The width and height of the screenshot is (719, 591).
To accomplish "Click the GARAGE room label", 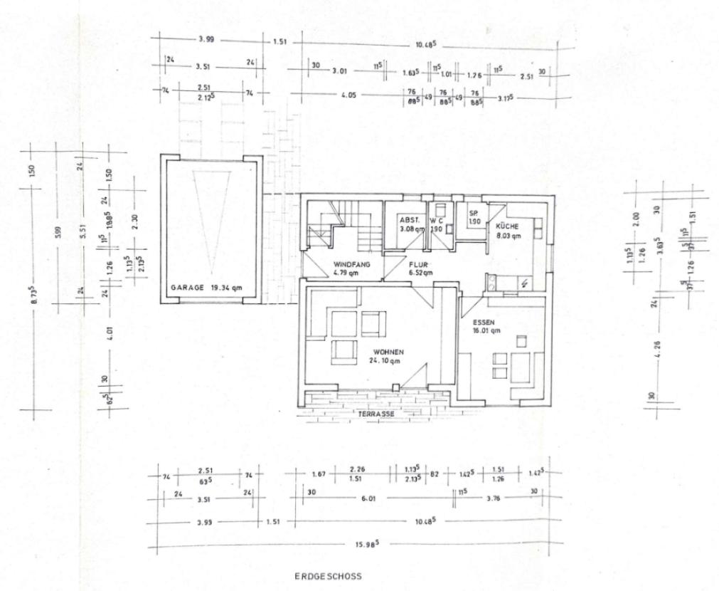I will point(187,288).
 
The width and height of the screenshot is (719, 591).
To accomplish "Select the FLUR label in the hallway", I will point(417,264).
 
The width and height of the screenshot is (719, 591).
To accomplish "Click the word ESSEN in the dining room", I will point(483,322).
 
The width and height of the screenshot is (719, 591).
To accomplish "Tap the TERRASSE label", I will point(377,413).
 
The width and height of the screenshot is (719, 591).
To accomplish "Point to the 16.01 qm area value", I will point(486,330).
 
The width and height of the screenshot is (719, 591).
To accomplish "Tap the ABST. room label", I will point(408,220).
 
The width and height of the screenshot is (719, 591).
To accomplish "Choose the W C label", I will point(437,220).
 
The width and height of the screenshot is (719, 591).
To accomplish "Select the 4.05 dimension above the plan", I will point(348,94).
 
